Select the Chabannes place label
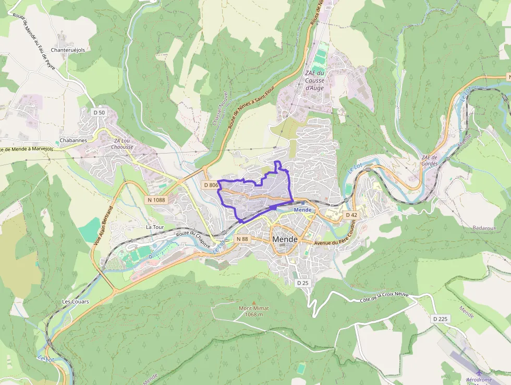point(73,141)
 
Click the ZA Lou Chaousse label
point(123,144)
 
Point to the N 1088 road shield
point(156,200)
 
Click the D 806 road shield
point(211,185)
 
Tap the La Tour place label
point(155,227)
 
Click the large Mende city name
point(285,239)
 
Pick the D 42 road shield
point(351,215)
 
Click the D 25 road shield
point(302,283)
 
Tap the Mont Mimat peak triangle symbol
point(254,303)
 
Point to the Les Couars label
point(76,301)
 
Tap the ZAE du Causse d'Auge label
point(314,80)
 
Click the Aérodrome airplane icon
point(479,372)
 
